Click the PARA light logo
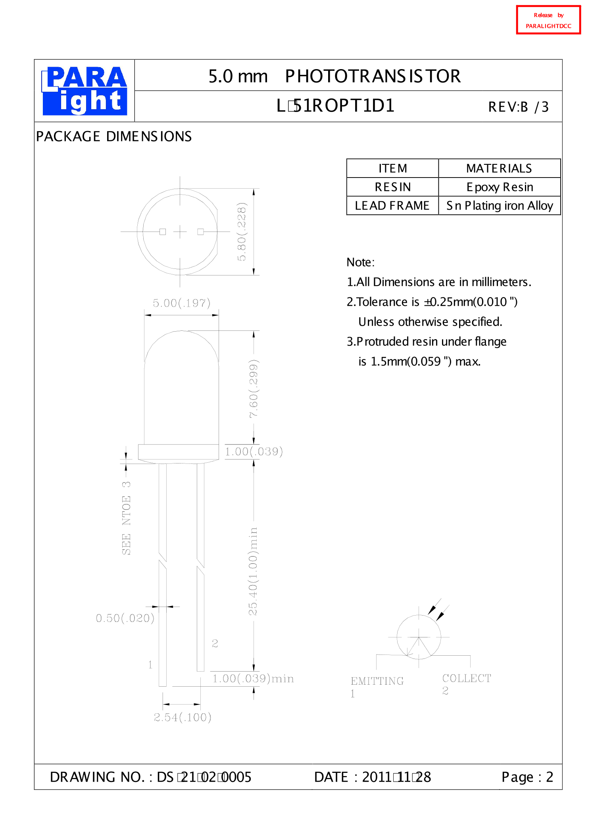point(85,91)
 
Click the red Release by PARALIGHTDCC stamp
point(548,20)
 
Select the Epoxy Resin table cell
point(499,187)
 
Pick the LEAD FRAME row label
point(392,206)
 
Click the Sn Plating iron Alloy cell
point(499,206)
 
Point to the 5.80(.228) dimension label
point(242,232)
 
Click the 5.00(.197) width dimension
point(181,303)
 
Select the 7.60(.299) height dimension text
point(254,388)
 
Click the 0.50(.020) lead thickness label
point(125,618)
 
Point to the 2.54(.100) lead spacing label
point(183,717)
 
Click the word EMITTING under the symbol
point(377,681)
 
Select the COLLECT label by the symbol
point(467,678)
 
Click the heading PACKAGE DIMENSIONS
point(114,137)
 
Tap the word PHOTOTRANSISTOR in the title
point(373,76)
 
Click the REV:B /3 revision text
point(518,107)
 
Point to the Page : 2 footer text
point(527,777)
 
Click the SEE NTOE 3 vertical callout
point(126,518)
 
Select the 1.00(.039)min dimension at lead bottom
point(253,679)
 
